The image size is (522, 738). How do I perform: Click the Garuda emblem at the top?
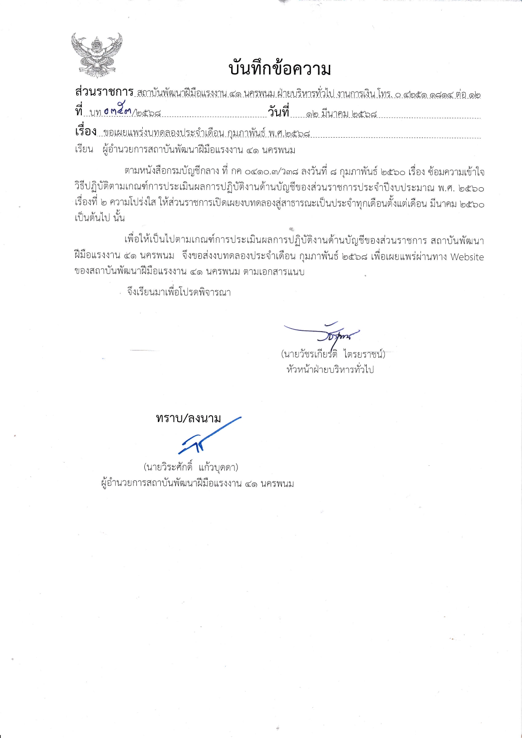pos(96,55)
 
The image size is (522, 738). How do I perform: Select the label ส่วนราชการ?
pos(104,92)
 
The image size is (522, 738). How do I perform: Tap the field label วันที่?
pos(279,112)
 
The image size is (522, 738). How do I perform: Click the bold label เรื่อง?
pos(86,131)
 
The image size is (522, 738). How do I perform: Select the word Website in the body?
pos(467,257)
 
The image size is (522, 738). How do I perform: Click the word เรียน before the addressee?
pos(84,150)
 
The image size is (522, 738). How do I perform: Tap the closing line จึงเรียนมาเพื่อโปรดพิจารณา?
pos(179,292)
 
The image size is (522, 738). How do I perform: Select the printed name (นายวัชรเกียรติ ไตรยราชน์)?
pos(333,354)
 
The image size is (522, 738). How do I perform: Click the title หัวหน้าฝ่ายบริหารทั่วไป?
pos(330,370)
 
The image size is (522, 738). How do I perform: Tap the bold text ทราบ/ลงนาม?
pos(188,418)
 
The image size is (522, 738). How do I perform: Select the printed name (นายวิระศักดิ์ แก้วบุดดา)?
pos(191,467)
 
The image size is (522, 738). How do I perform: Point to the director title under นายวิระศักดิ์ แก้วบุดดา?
pos(197,483)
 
